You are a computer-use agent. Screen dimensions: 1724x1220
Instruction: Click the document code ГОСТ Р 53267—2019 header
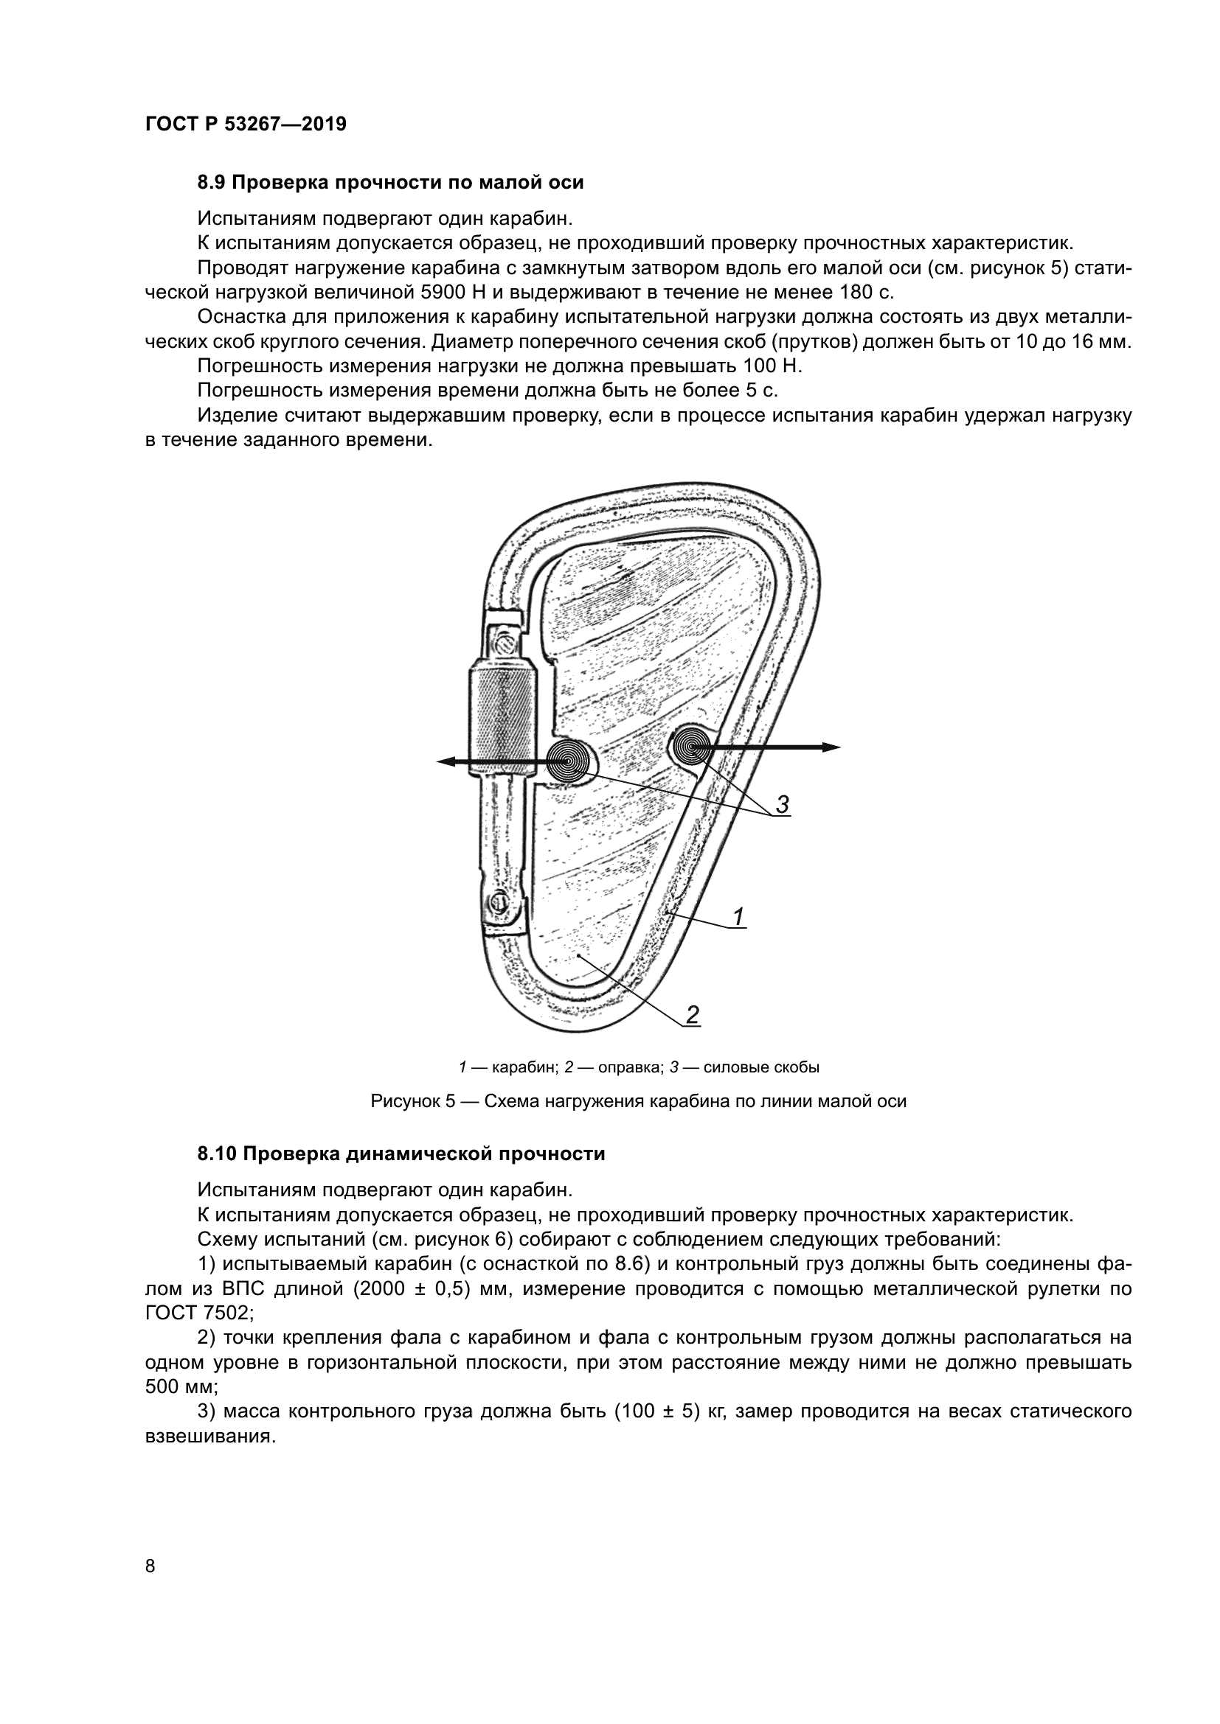coord(246,125)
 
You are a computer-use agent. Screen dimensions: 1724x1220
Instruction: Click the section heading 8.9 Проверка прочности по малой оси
coord(390,183)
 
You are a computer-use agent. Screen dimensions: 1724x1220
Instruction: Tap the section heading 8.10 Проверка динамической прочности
coord(401,1154)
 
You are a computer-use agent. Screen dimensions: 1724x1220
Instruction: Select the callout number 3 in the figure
coord(782,805)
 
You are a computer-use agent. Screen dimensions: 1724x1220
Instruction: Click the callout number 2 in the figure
coord(693,1015)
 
